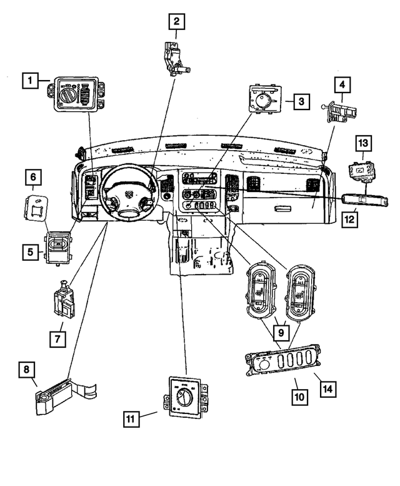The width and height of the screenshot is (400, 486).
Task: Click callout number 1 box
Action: pyautogui.click(x=29, y=80)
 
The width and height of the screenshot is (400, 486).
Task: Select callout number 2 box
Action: pyautogui.click(x=177, y=22)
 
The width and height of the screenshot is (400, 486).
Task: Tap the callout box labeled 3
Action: pyautogui.click(x=301, y=101)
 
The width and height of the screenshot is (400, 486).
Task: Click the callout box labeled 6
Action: pyautogui.click(x=34, y=178)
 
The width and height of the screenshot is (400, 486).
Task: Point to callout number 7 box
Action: pyautogui.click(x=57, y=339)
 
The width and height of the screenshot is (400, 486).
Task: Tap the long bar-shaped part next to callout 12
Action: pyautogui.click(x=364, y=200)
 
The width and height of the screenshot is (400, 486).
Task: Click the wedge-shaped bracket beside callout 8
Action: pyautogui.click(x=66, y=393)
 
